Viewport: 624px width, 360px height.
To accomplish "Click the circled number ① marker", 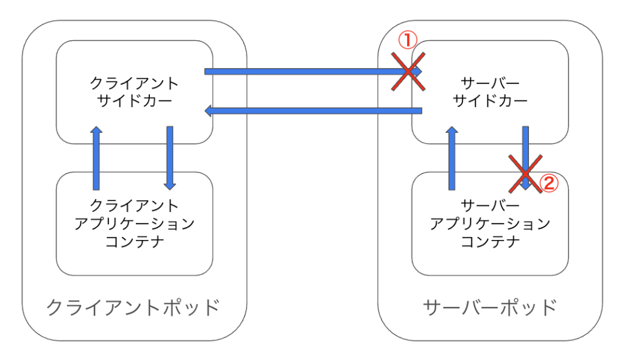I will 406,41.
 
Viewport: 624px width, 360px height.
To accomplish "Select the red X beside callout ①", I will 407,72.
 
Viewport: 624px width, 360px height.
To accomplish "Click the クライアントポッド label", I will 133,307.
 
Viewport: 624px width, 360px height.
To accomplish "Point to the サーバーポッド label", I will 490,307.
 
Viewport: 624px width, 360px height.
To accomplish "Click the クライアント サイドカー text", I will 135,91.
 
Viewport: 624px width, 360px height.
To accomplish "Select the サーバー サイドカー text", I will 491,91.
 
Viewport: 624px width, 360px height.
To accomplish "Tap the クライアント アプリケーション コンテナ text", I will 135,224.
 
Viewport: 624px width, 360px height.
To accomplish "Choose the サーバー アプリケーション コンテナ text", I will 491,224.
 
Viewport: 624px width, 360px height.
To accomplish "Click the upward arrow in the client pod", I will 96,158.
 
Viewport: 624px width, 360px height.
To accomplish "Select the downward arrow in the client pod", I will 170,157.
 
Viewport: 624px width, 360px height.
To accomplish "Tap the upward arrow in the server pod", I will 452,158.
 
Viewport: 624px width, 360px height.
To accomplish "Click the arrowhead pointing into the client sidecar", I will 209,111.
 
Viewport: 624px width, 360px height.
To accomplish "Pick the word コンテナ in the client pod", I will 135,242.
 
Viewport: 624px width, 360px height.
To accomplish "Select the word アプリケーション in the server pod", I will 491,224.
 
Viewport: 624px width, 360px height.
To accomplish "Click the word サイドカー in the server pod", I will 491,101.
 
